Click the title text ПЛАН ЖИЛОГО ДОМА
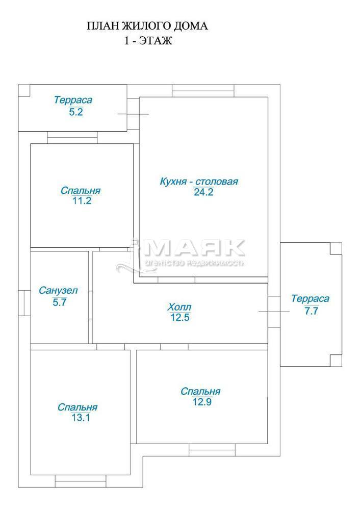[147, 26]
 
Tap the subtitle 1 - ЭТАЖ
[148, 41]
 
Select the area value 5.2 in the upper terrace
[76, 112]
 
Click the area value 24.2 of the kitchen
[203, 192]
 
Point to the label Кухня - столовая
[199, 181]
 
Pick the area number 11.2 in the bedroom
[82, 200]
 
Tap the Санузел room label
[58, 290]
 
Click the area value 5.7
[60, 302]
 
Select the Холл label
[179, 307]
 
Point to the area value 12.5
[180, 317]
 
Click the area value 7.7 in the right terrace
[311, 311]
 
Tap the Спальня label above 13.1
[78, 407]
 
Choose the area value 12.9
[202, 402]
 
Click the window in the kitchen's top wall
[203, 91]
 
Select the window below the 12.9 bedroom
[212, 450]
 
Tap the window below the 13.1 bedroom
[81, 481]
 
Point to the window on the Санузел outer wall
[24, 303]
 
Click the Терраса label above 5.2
[73, 100]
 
